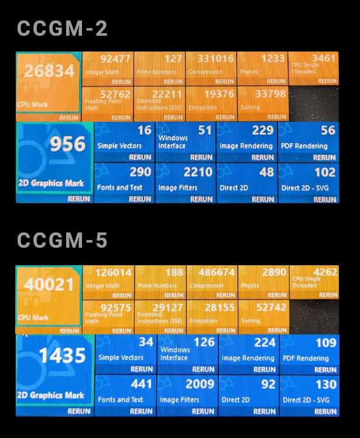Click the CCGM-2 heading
click(62, 29)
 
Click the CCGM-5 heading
click(62, 241)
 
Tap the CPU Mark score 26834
click(49, 71)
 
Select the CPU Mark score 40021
click(49, 285)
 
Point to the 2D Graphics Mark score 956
click(67, 143)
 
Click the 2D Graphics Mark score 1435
click(62, 355)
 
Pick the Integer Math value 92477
click(116, 59)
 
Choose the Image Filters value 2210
click(198, 172)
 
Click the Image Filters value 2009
click(200, 384)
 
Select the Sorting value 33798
click(271, 94)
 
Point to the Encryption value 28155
click(220, 307)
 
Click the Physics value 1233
click(273, 59)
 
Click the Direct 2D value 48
click(266, 172)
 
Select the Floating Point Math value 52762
click(116, 94)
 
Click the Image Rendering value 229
click(263, 130)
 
